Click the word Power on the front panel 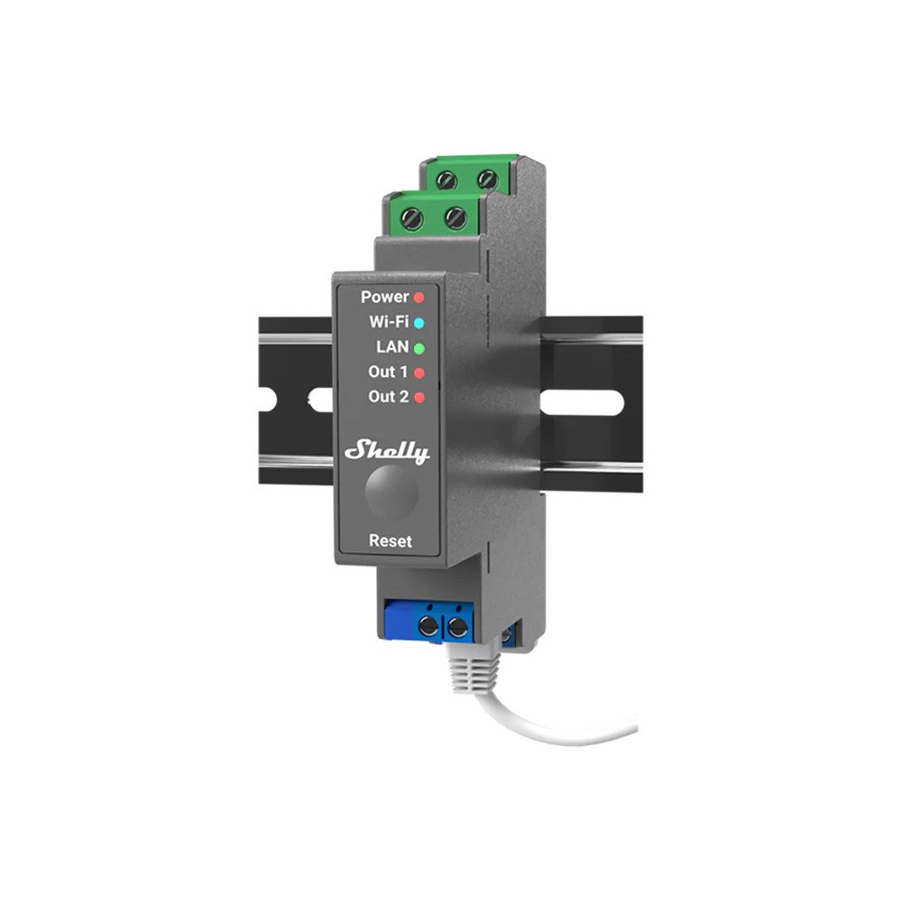(385, 297)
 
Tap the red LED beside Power (419, 297)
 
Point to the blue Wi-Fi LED (419, 322)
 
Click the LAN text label (392, 346)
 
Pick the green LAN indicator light (420, 347)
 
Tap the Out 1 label (388, 372)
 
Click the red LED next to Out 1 (420, 373)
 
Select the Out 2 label (388, 397)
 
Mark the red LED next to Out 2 (420, 398)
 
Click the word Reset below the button (391, 541)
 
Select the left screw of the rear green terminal (446, 179)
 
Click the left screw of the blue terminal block (429, 626)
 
